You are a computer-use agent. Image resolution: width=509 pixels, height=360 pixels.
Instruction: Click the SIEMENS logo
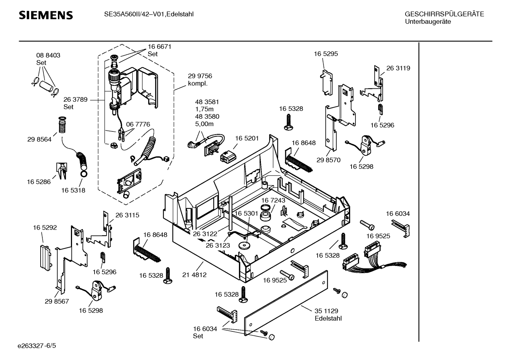coord(46,15)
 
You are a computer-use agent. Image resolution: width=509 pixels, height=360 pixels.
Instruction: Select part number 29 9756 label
coord(200,76)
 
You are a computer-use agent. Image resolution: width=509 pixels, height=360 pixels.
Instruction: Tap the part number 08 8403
coord(48,55)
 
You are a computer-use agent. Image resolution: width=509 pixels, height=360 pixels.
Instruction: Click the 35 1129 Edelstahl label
coord(328,314)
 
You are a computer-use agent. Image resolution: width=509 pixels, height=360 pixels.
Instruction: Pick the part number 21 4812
coord(194,275)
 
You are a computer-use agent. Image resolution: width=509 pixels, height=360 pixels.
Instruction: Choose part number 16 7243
coord(273,200)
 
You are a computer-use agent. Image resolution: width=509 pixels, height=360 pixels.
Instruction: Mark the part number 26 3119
coord(398,68)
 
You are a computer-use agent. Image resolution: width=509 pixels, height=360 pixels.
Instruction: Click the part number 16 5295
coord(326,54)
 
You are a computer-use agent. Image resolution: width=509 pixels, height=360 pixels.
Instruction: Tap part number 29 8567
coord(57,301)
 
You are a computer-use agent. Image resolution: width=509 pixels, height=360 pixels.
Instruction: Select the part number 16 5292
coord(45,228)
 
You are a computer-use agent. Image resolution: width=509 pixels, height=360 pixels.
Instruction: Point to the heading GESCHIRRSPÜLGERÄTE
coord(444,14)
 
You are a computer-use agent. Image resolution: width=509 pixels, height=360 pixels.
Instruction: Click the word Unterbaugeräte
coord(428,22)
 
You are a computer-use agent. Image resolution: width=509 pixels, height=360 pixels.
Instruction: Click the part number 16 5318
coord(73,190)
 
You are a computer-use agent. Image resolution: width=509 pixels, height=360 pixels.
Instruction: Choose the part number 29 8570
coord(328,160)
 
